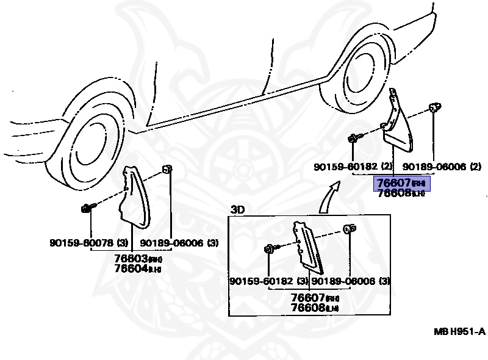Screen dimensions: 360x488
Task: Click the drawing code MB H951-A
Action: [x=459, y=331]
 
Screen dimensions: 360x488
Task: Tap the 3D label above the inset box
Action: [x=237, y=209]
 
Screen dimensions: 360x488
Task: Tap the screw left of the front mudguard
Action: [x=87, y=209]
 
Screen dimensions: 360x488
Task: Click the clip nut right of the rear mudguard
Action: [x=434, y=109]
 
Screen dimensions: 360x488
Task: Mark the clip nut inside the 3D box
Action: [x=350, y=229]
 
